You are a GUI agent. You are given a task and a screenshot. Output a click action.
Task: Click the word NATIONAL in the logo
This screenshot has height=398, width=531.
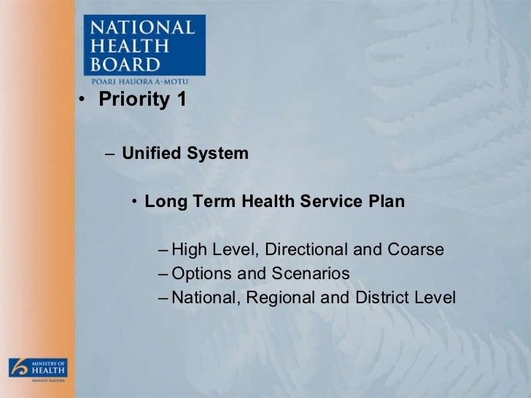point(142,29)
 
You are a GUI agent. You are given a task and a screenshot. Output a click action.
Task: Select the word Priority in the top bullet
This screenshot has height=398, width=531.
point(133,100)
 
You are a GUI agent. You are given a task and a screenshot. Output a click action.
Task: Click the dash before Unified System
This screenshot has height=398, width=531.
point(109,155)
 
